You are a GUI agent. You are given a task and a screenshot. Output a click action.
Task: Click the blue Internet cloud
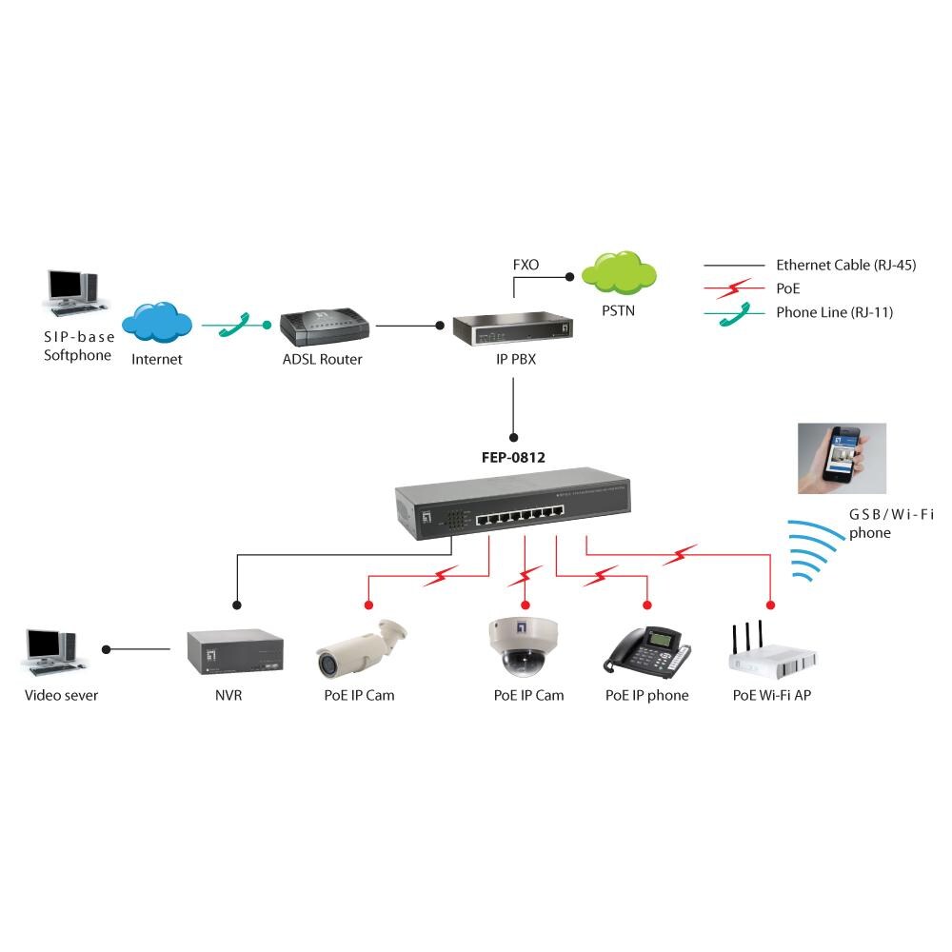157,323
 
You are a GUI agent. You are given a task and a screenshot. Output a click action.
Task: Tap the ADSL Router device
323,327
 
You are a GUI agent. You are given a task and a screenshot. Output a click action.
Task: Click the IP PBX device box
513,327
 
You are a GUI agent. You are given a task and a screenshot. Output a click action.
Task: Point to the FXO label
526,265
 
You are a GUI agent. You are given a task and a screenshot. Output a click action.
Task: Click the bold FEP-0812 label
513,457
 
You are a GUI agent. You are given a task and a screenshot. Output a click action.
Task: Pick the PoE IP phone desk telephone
646,651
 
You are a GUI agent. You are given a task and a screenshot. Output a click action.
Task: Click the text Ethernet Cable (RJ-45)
845,266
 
